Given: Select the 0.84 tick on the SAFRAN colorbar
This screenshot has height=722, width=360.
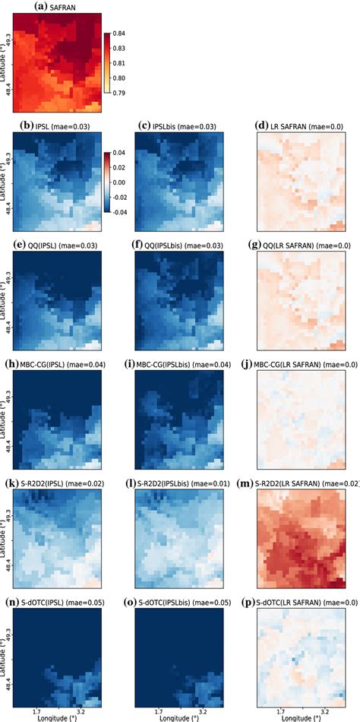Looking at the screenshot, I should pos(119,34).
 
